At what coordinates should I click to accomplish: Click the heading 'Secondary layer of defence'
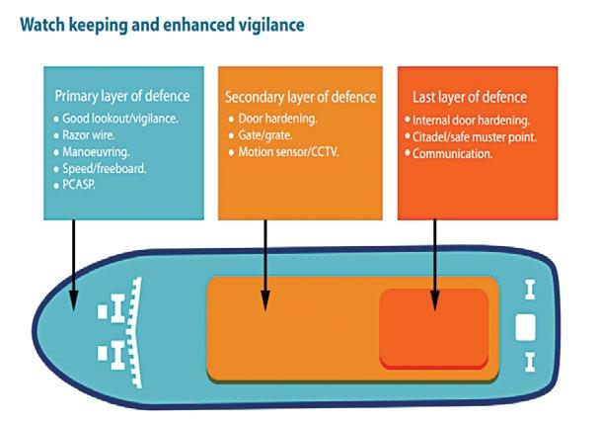[x=300, y=97]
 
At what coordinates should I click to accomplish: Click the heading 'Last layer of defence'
[x=469, y=97]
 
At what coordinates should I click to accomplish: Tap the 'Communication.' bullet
[x=454, y=153]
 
